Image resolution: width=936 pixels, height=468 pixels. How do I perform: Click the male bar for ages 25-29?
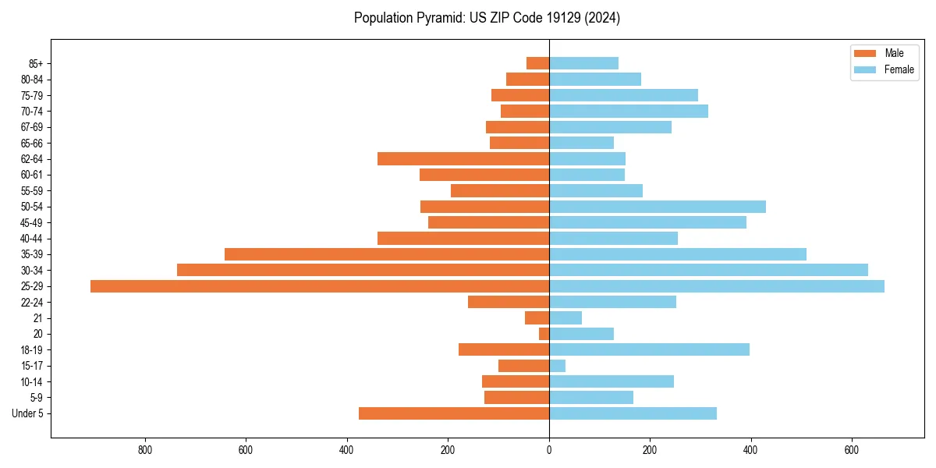click(x=320, y=286)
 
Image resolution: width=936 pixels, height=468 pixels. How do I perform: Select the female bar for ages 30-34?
click(x=708, y=270)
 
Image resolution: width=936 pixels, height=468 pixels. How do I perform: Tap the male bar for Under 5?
click(x=454, y=413)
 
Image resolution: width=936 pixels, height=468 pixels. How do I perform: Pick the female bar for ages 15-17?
click(x=558, y=366)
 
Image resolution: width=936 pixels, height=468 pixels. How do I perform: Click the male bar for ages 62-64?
click(x=463, y=159)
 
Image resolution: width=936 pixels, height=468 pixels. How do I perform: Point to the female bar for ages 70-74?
click(x=629, y=111)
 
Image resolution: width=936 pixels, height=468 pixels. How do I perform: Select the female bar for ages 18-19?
click(x=649, y=349)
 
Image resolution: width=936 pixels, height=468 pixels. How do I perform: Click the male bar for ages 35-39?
click(x=387, y=254)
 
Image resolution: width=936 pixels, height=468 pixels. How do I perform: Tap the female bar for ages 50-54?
click(x=658, y=207)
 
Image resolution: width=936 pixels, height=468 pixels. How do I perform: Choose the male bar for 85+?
click(x=538, y=63)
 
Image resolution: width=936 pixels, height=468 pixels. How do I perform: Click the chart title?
click(x=487, y=18)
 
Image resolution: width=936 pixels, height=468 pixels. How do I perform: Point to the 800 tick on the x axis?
click(x=144, y=450)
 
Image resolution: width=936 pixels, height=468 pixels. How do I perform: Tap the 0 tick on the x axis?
click(x=549, y=450)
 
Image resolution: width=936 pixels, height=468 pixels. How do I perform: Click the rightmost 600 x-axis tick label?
click(x=852, y=450)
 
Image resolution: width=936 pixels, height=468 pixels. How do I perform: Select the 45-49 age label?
click(x=32, y=222)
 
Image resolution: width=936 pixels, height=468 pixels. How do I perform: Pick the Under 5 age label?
click(x=27, y=413)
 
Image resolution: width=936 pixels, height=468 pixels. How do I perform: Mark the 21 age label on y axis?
click(x=37, y=318)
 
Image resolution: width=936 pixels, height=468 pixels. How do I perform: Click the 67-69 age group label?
click(x=32, y=127)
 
